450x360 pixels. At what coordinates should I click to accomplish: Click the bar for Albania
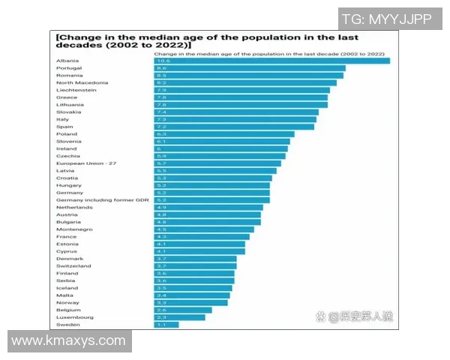tap(271, 61)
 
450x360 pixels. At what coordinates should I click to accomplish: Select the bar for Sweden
tap(166, 324)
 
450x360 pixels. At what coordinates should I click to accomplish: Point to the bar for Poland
tap(223, 134)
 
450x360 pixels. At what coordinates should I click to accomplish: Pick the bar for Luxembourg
tap(179, 317)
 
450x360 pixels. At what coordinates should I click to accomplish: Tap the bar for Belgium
tap(183, 310)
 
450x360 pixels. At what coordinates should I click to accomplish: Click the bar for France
tap(202, 237)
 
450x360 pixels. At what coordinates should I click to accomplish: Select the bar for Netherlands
tap(208, 208)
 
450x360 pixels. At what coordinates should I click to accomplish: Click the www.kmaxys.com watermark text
tap(69, 341)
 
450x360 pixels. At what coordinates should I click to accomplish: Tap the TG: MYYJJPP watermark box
tap(386, 19)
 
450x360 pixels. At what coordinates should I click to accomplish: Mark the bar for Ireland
tap(220, 148)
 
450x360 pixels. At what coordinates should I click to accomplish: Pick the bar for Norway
tap(190, 302)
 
